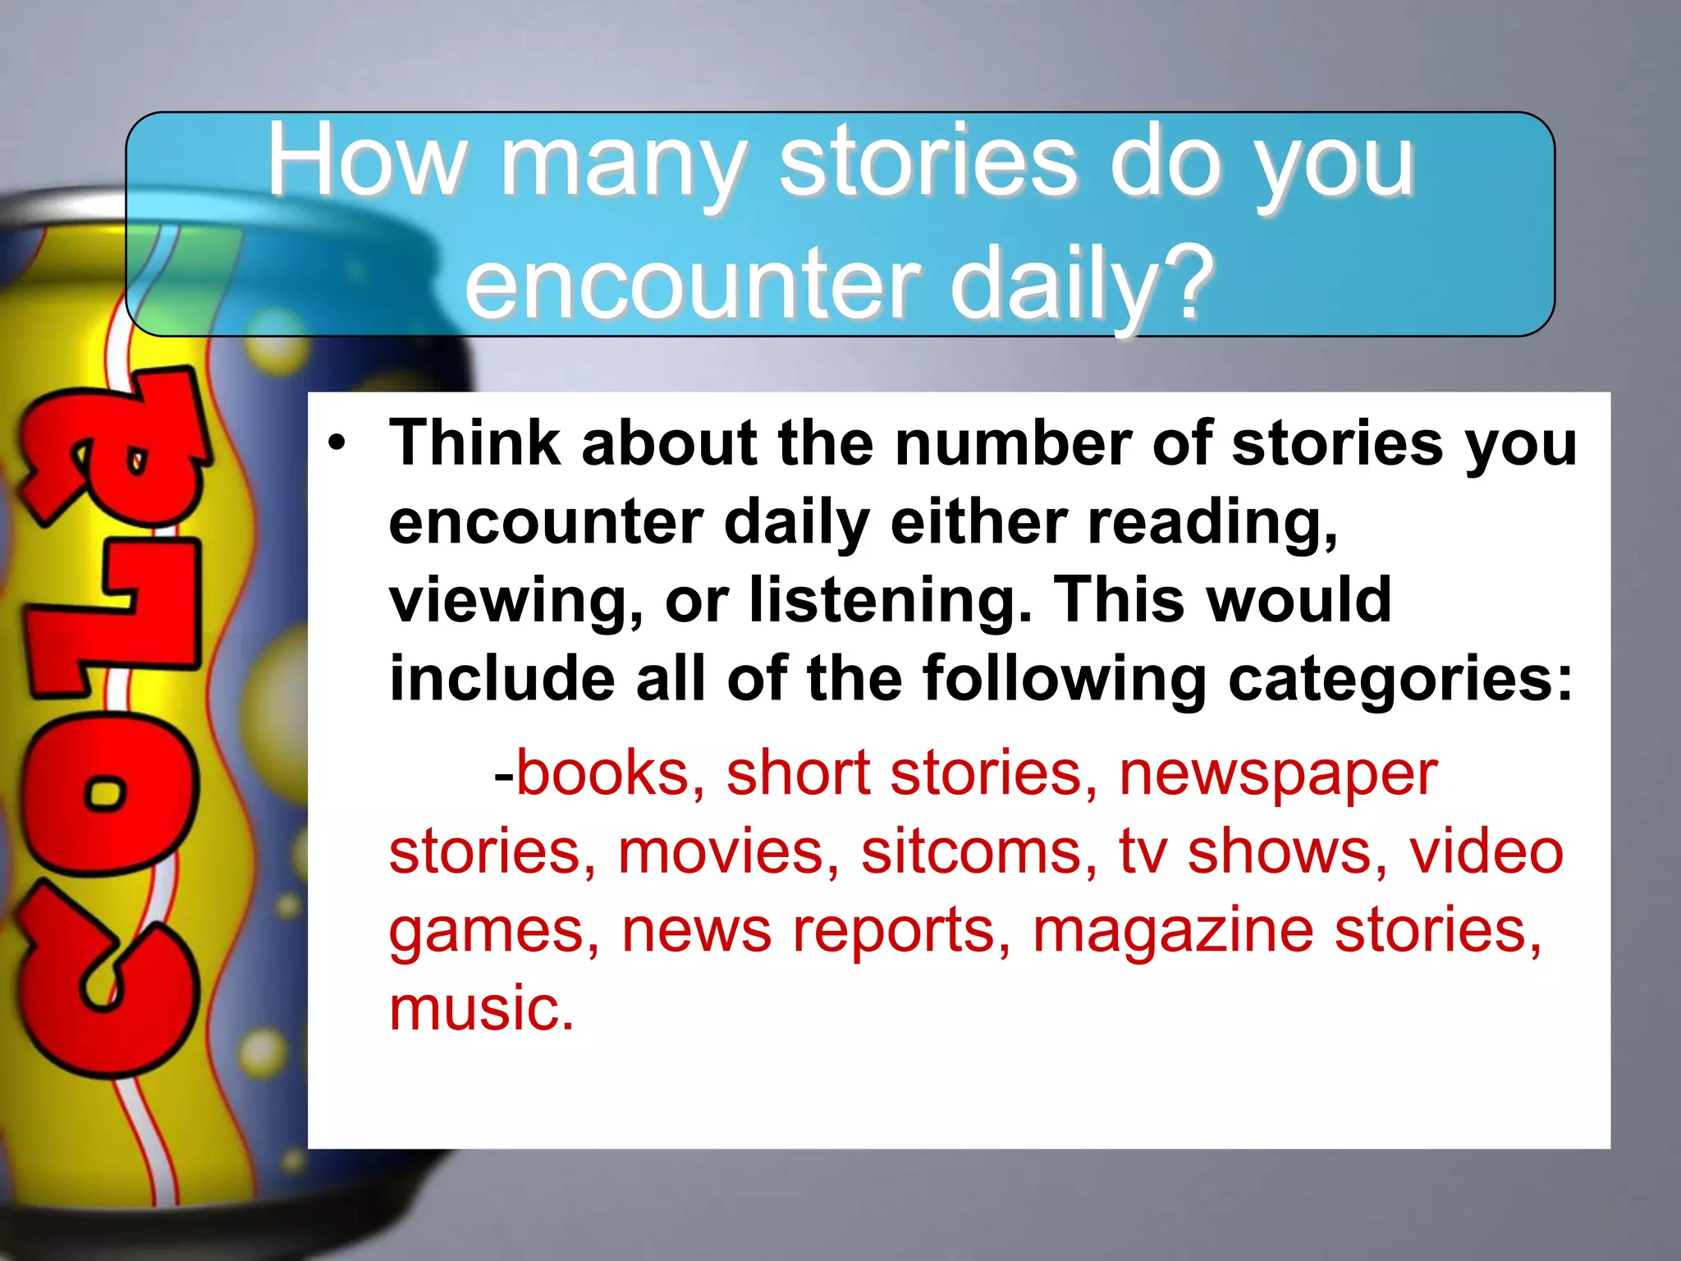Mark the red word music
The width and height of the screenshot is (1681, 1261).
pyautogui.click(x=481, y=1008)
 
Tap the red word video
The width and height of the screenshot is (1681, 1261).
pyautogui.click(x=1486, y=851)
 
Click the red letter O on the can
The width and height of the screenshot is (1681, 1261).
pyautogui.click(x=107, y=791)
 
